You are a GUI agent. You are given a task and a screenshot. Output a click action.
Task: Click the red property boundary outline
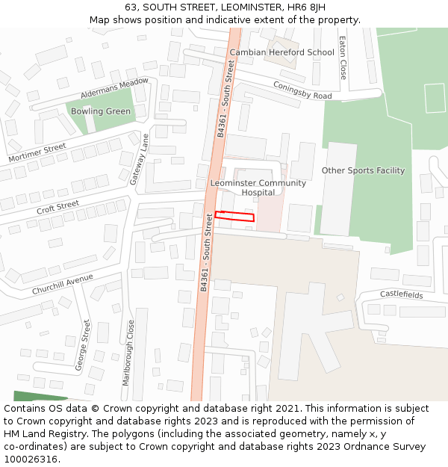point(234,217)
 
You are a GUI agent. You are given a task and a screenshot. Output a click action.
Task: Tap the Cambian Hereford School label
point(281,52)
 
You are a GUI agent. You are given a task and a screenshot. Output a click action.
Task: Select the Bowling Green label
point(100,111)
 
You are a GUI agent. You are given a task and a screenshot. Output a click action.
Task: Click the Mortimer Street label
point(37,153)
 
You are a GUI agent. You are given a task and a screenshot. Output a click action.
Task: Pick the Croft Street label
point(57,206)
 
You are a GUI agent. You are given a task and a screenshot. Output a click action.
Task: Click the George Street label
point(82,345)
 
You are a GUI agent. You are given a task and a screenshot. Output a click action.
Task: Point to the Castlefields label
point(401,295)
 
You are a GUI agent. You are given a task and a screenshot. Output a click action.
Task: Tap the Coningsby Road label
point(302,91)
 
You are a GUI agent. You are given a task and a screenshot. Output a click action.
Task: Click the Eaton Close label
point(343,58)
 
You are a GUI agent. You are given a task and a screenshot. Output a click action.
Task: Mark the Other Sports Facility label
point(363,170)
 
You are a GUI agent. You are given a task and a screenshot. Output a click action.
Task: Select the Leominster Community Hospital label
point(258,188)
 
